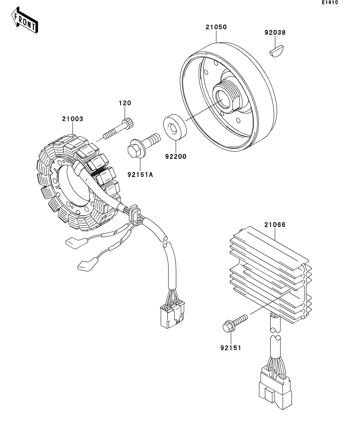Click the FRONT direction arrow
24,20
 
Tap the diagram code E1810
330,2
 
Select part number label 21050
216,27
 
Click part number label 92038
275,33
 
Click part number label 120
125,103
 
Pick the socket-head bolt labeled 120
118,128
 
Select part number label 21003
72,119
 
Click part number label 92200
176,157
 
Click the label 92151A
140,175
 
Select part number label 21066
275,225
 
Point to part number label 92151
231,348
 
